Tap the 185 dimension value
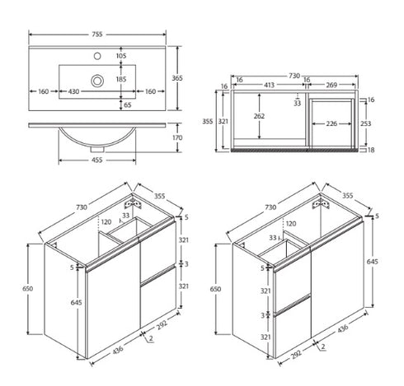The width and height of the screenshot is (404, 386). (121, 80)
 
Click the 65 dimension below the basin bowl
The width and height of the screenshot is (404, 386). (125, 105)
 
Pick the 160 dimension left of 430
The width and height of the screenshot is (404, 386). (44, 92)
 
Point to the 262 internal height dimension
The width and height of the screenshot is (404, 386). (260, 116)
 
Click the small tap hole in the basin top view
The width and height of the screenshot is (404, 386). (98, 58)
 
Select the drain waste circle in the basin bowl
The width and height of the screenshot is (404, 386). (98, 81)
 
